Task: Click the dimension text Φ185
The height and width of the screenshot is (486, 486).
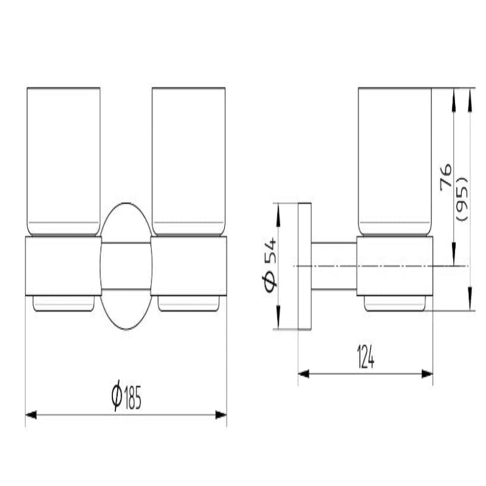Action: (126, 398)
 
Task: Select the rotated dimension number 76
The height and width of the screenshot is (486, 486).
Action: (445, 176)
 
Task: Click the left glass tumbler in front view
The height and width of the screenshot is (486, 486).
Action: (63, 161)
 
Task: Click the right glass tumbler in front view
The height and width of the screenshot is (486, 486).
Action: (188, 161)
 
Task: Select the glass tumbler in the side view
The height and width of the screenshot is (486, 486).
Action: (395, 161)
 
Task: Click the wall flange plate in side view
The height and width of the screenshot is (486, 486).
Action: (304, 266)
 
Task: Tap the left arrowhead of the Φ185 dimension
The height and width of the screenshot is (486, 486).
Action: (30, 415)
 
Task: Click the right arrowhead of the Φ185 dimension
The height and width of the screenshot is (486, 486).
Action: (222, 415)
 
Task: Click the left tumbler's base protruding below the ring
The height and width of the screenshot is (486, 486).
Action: (63, 303)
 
